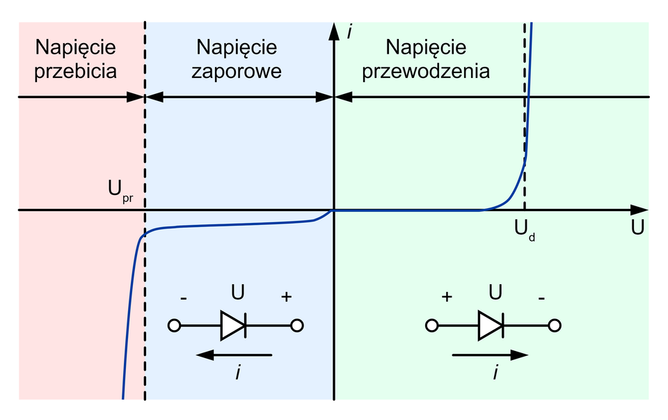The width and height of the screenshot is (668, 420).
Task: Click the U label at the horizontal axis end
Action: tap(637, 227)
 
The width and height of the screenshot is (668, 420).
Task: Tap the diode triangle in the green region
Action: tap(490, 325)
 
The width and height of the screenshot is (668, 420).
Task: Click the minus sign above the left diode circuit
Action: tap(183, 297)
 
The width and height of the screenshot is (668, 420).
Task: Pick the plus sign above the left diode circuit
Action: tap(285, 297)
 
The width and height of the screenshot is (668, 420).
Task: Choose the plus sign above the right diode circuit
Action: tap(447, 297)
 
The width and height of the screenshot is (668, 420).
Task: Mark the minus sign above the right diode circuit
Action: tap(541, 297)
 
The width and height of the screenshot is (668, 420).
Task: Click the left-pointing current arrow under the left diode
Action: tap(234, 355)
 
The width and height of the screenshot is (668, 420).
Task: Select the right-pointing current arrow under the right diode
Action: tap(490, 355)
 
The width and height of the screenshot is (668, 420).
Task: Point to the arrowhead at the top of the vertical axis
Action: tap(335, 29)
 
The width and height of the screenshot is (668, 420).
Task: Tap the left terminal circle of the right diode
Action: tap(432, 325)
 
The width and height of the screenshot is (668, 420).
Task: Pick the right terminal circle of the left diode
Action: tap(297, 325)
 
